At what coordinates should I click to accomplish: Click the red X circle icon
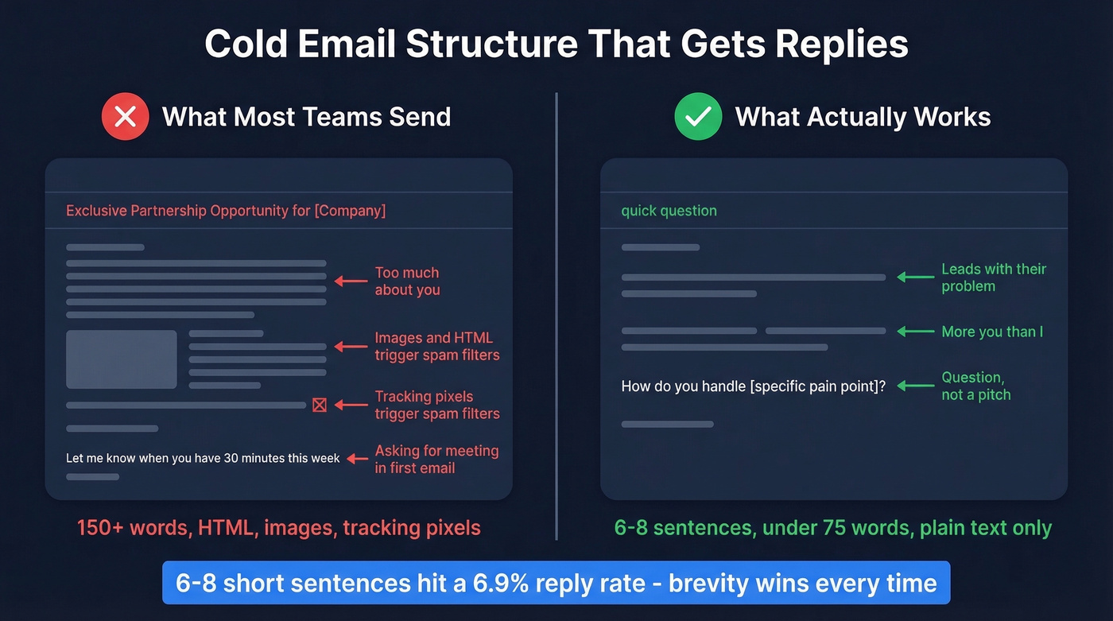tap(125, 117)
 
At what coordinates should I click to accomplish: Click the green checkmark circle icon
tap(697, 117)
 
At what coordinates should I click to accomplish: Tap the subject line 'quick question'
tap(669, 211)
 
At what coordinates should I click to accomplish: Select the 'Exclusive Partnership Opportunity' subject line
tap(225, 211)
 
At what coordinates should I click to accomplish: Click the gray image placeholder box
tap(122, 359)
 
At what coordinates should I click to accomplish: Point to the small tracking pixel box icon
tap(320, 406)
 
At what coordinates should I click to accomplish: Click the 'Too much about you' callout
tap(407, 281)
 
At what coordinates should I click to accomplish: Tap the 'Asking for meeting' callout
tap(436, 460)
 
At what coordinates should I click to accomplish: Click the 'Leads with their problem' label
tap(993, 278)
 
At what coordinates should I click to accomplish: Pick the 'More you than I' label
tap(992, 332)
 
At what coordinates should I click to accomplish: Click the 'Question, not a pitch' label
tap(975, 386)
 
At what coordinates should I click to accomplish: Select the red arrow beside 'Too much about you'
tap(350, 281)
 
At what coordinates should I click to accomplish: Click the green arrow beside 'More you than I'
tap(915, 332)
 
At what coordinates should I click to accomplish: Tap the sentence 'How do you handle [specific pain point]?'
tap(753, 386)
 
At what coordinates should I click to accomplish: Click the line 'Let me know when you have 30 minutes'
tap(203, 459)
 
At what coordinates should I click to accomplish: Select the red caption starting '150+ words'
tap(278, 527)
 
